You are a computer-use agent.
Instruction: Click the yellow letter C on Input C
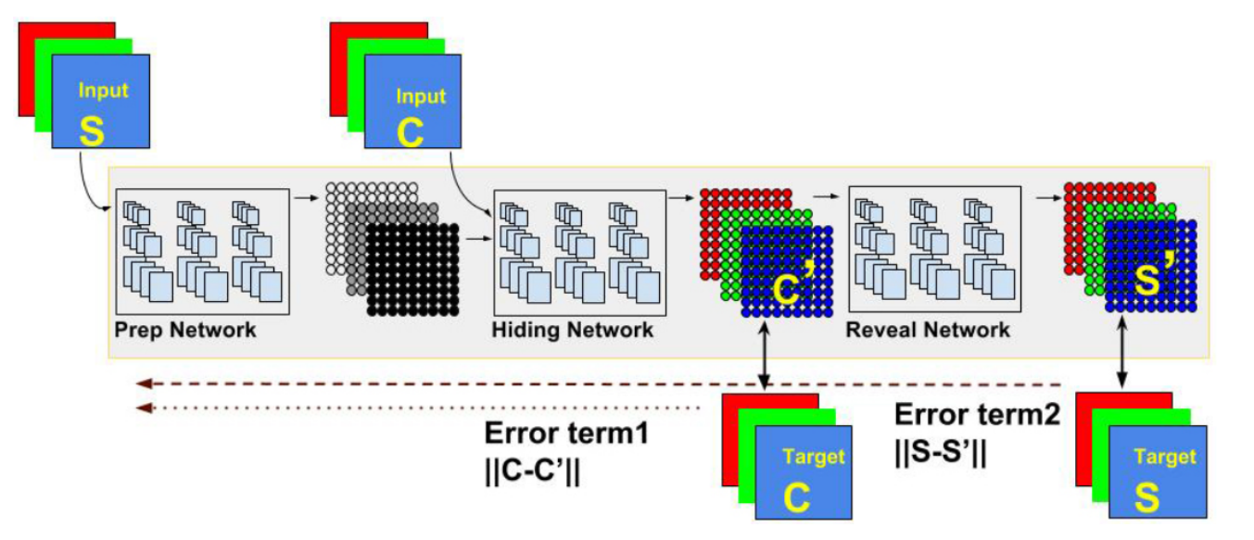pos(410,131)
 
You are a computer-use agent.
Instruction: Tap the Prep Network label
pos(185,330)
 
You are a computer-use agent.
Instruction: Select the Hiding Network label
pos(572,330)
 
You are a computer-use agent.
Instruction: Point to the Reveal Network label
pos(928,330)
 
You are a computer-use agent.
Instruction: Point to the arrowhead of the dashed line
pos(139,383)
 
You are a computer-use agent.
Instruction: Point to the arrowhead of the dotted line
pos(139,408)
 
